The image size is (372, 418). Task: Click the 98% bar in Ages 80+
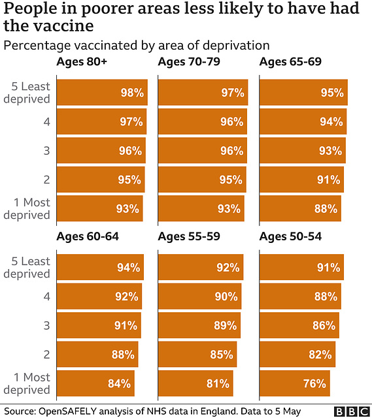102,92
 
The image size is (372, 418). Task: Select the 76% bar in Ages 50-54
294,383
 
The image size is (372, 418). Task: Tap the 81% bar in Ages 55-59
195,383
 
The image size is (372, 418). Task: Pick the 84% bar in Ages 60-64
95,383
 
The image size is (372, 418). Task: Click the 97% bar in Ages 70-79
203,92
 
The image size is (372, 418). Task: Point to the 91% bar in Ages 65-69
301,180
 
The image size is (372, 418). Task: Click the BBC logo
351,411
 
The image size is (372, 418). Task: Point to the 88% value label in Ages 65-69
326,209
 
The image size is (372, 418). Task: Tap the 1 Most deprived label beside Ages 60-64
27,383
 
